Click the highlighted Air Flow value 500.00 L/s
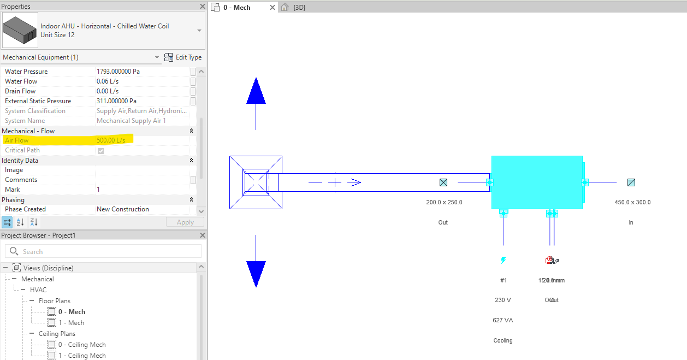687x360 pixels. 111,140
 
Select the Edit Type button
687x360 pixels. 183,57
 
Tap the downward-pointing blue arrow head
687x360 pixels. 256,273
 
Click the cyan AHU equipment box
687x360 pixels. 536,182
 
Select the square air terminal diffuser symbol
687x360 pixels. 256,182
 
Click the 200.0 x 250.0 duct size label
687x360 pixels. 444,202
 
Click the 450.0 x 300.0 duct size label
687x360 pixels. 632,202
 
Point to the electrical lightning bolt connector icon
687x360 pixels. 504,261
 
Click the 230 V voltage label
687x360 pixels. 503,300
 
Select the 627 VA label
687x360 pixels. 503,320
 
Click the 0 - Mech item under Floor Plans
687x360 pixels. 72,312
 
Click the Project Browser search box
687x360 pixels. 103,251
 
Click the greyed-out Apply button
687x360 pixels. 185,222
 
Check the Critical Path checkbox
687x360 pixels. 100,151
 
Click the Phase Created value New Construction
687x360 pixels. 123,209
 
